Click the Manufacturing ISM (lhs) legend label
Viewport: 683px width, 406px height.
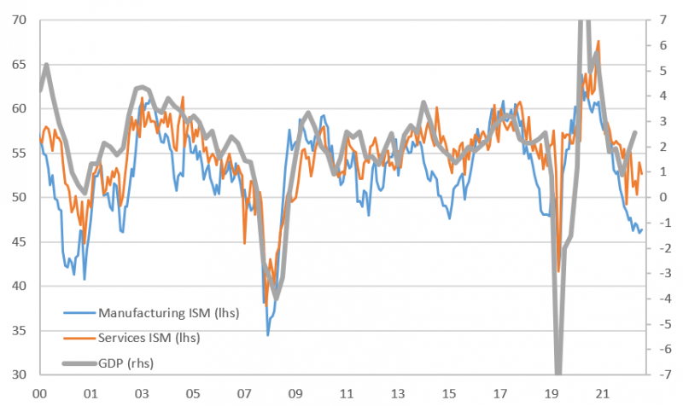click(168, 312)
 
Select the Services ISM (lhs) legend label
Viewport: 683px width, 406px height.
click(149, 338)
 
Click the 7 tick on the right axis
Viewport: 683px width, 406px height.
click(663, 20)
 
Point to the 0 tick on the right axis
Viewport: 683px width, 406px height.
click(663, 197)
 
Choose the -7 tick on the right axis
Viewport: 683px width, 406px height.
click(660, 374)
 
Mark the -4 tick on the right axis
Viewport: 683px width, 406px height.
click(660, 299)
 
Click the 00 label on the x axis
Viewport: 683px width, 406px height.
click(38, 395)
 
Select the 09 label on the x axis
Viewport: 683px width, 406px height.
click(295, 395)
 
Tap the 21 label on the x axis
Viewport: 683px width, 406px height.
click(603, 395)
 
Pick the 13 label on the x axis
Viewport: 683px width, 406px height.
click(398, 395)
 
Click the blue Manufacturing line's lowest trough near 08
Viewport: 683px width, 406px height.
click(268, 335)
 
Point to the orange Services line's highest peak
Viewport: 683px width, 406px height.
click(598, 41)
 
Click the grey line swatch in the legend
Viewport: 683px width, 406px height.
click(78, 362)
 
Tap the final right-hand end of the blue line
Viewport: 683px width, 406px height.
click(642, 228)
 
